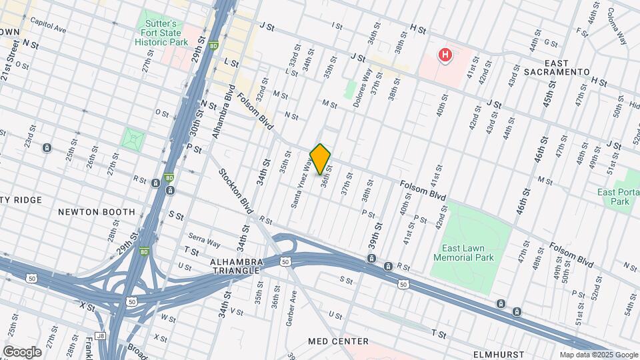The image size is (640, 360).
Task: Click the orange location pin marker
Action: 321,159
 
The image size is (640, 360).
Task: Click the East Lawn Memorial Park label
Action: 463,252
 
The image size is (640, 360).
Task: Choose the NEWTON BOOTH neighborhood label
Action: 96,212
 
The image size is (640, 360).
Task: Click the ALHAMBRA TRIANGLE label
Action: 237,267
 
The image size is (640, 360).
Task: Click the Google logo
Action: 22,351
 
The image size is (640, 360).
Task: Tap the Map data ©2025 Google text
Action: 599,355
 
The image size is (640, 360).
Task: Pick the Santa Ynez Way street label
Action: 301,183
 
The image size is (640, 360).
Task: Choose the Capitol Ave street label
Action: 48,25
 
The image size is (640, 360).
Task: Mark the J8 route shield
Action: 100,336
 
